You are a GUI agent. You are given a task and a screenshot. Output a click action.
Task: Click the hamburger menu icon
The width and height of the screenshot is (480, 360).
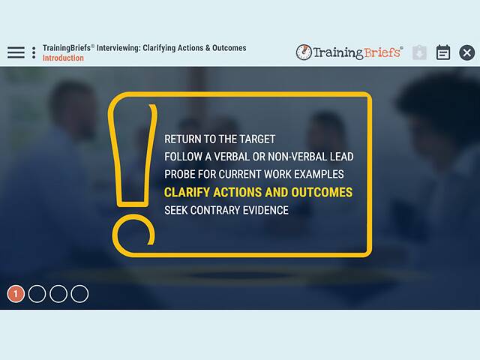click(16, 52)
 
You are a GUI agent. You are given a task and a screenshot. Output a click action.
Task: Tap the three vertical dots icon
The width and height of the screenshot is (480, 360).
click(34, 52)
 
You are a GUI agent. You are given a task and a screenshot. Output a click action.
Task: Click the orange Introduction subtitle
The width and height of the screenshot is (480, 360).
click(63, 58)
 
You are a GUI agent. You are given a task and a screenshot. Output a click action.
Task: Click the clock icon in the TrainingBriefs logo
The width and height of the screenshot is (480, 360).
click(304, 52)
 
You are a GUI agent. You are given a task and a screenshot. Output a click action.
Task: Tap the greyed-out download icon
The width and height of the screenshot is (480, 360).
click(419, 52)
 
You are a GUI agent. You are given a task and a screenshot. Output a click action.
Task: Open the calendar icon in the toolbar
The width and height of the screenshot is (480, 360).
click(443, 52)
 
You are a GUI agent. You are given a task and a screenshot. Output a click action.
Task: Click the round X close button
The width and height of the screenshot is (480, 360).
click(466, 52)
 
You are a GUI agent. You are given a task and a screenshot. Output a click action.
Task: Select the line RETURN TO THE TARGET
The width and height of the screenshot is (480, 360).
click(220, 139)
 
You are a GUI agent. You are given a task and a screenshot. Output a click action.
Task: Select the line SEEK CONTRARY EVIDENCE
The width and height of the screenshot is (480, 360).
click(226, 211)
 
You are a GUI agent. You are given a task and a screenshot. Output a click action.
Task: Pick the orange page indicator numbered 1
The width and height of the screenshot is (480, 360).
click(16, 294)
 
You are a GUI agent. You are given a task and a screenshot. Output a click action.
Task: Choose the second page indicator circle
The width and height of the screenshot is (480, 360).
click(37, 294)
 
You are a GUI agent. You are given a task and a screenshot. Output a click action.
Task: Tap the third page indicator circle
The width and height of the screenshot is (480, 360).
click(58, 294)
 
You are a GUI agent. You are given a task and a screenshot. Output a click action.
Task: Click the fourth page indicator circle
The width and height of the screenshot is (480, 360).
click(79, 294)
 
